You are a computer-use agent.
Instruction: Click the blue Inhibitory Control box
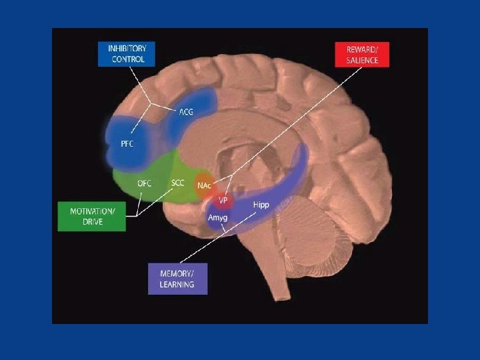[128, 54]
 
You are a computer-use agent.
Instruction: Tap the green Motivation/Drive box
[92, 216]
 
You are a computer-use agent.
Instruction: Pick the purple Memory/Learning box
[177, 279]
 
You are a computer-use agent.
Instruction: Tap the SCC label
[178, 182]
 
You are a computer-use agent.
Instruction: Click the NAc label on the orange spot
[204, 185]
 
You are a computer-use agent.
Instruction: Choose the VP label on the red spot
[223, 199]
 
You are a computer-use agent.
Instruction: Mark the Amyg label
[218, 218]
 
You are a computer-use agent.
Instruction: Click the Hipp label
[261, 205]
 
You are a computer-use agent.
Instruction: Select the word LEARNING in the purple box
[177, 285]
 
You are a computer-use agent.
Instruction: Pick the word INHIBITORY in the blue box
[128, 48]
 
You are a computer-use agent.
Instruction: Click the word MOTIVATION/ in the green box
[93, 211]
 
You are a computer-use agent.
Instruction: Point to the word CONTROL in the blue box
[128, 60]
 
